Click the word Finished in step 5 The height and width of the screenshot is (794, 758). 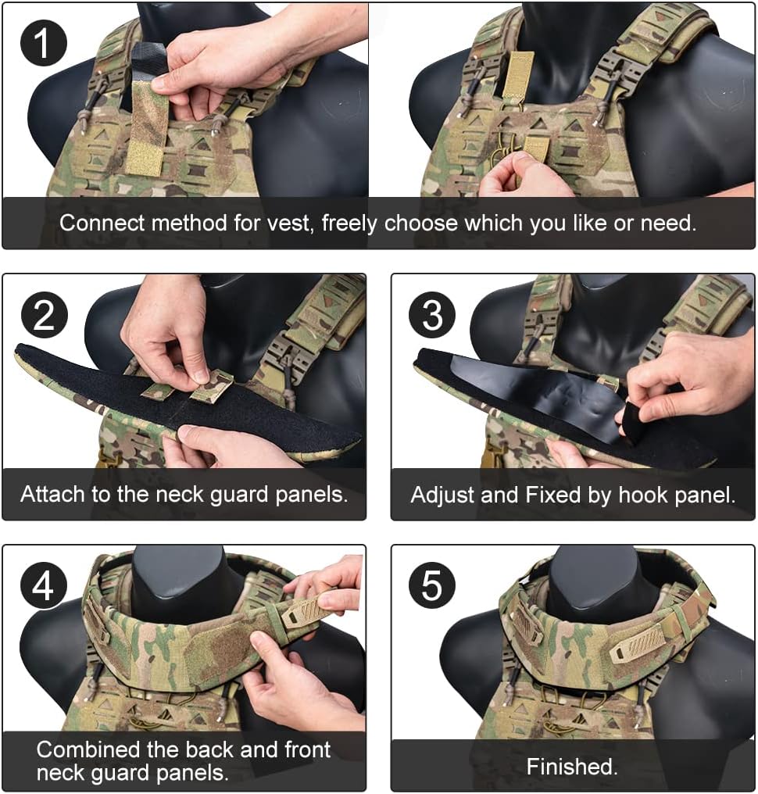coord(571,767)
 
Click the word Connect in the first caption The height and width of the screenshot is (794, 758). coord(101,223)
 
